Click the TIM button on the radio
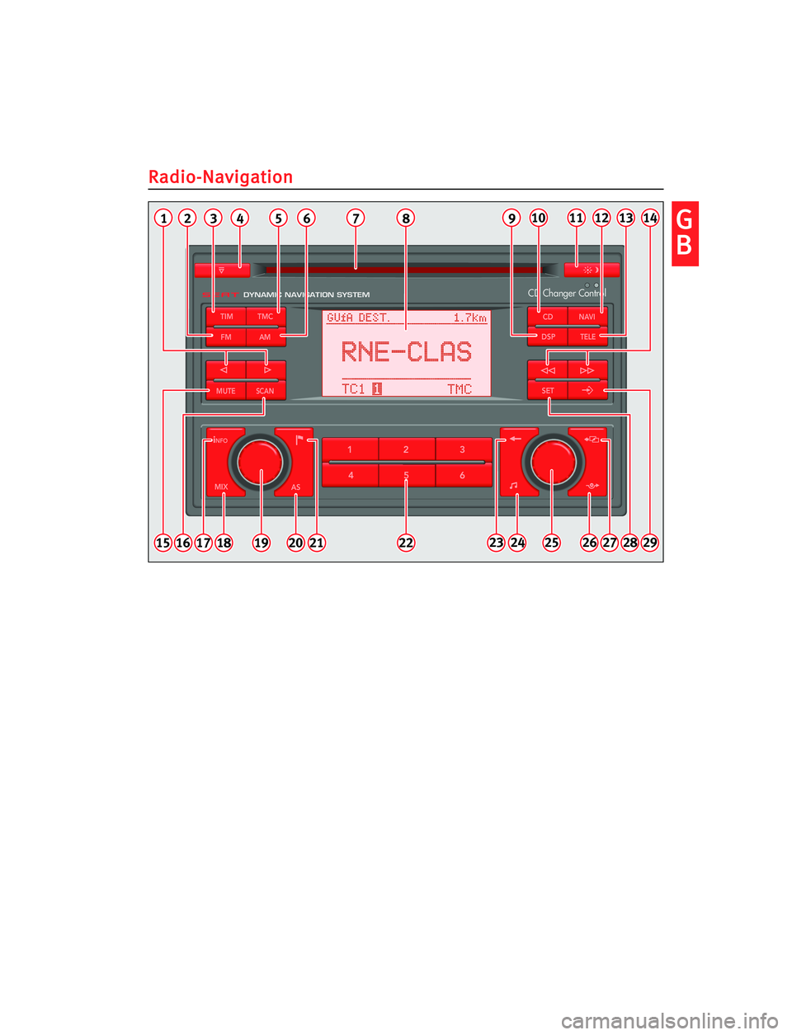pyautogui.click(x=226, y=317)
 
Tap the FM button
pyautogui.click(x=226, y=337)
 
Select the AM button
pyautogui.click(x=265, y=337)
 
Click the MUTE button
pyautogui.click(x=225, y=391)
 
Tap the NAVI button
pyautogui.click(x=587, y=317)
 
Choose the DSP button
pyautogui.click(x=548, y=336)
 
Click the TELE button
pyautogui.click(x=587, y=336)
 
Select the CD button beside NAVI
pyautogui.click(x=548, y=317)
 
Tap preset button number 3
pyautogui.click(x=463, y=449)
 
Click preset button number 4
pyautogui.click(x=351, y=475)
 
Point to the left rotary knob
pyautogui.click(x=260, y=462)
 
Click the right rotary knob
pyautogui.click(x=553, y=462)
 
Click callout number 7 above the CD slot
pyautogui.click(x=356, y=219)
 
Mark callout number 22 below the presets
pyautogui.click(x=406, y=543)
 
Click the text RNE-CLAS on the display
pyautogui.click(x=406, y=352)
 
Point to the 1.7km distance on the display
pyautogui.click(x=469, y=318)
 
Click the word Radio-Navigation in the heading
pyautogui.click(x=220, y=177)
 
